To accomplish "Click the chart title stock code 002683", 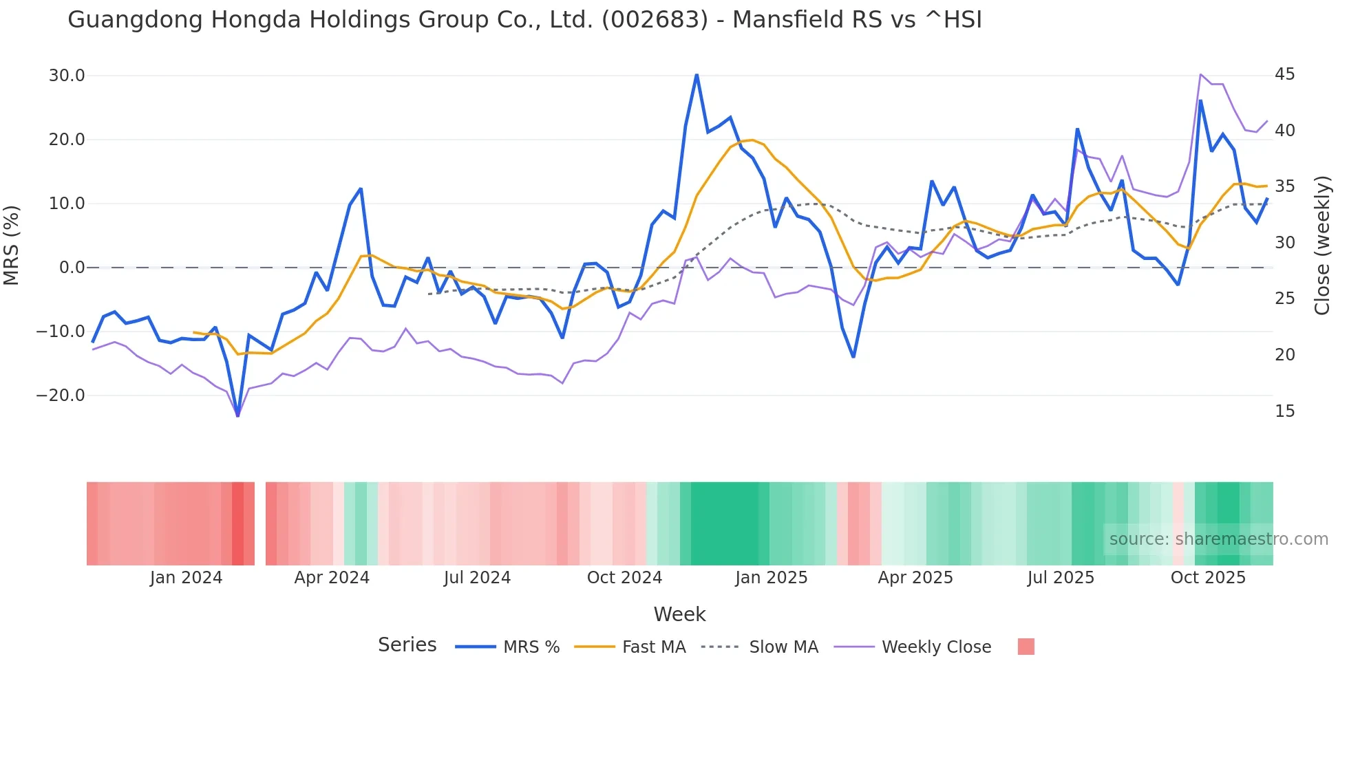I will click(655, 20).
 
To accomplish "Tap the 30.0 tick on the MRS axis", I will click(67, 76).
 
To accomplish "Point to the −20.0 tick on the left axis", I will click(61, 396).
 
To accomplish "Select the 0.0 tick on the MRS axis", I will click(72, 268).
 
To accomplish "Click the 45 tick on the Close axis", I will click(1284, 74).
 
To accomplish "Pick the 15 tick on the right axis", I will click(1284, 411).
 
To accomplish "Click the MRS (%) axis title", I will click(12, 246).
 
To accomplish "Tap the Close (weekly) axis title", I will click(1322, 246).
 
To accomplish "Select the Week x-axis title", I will click(679, 614).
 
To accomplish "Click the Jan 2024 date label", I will click(186, 578).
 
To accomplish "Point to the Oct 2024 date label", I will click(624, 578).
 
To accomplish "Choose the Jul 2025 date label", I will click(1061, 578).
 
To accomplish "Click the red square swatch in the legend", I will click(1026, 647).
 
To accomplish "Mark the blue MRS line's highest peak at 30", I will click(697, 75).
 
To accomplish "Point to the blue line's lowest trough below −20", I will click(238, 415).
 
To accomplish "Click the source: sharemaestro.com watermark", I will click(1218, 539).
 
